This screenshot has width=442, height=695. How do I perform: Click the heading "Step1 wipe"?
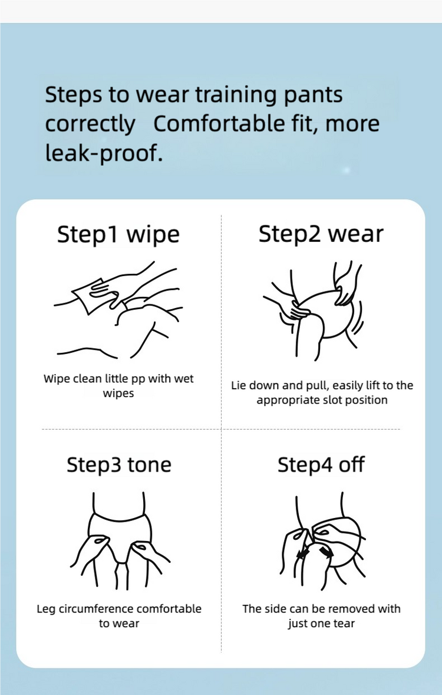pyautogui.click(x=118, y=234)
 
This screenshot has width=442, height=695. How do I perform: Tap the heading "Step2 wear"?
pyautogui.click(x=321, y=234)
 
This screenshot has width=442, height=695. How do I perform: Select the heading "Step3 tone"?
pyautogui.click(x=118, y=464)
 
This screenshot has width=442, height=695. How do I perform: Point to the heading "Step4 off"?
pyautogui.click(x=321, y=464)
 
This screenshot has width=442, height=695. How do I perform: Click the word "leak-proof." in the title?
pyautogui.click(x=104, y=153)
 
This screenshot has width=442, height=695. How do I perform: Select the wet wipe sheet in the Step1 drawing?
pyautogui.click(x=88, y=295)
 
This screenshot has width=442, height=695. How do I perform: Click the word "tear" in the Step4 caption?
pyautogui.click(x=344, y=623)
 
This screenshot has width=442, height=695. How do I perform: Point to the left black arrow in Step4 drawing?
pyautogui.click(x=304, y=553)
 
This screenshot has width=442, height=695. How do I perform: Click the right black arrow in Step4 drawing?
pyautogui.click(x=327, y=552)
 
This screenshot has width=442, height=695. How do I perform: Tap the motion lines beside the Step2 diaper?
pyautogui.click(x=358, y=318)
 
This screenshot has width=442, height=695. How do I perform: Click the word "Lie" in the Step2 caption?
pyautogui.click(x=238, y=385)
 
